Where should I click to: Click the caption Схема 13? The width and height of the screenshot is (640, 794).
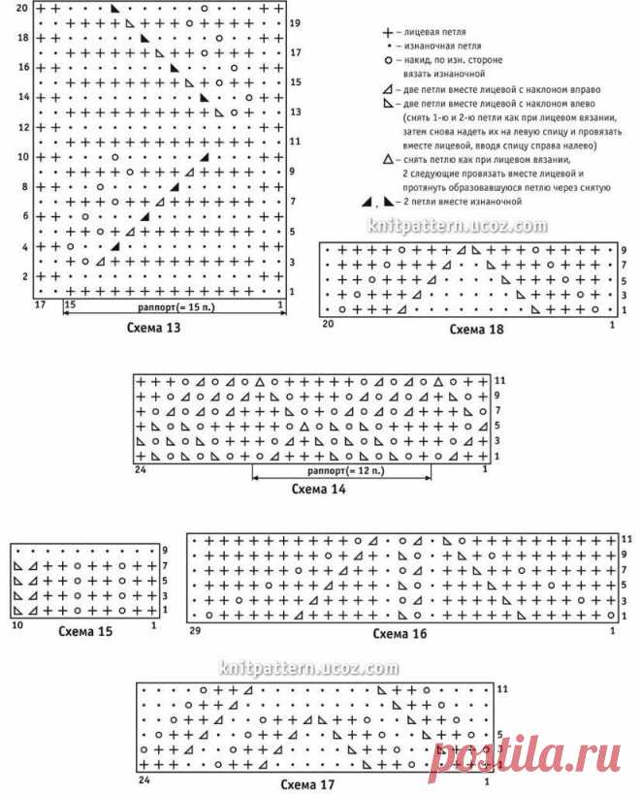click(153, 329)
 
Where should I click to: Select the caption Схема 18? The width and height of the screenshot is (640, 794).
click(477, 330)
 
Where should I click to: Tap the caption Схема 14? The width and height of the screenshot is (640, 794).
click(319, 489)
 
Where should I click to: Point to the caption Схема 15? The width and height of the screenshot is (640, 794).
click(85, 632)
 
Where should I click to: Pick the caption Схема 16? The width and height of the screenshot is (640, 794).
click(400, 634)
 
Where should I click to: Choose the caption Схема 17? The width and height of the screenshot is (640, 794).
click(307, 785)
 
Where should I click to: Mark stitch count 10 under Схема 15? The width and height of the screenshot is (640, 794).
click(16, 627)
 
